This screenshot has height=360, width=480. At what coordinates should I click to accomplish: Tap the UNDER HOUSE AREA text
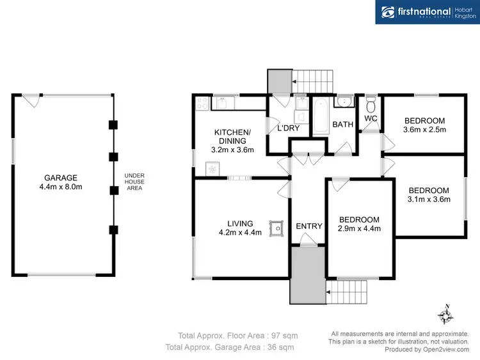click(x=133, y=182)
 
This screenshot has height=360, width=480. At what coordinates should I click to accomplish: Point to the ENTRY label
click(x=308, y=226)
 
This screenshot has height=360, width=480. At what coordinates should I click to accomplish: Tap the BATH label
click(x=342, y=125)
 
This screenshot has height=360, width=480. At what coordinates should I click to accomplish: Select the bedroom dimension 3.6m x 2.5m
click(x=424, y=130)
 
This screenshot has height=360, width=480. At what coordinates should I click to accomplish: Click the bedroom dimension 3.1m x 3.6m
click(x=429, y=199)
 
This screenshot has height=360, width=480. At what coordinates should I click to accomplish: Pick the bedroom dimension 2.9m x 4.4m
click(x=359, y=228)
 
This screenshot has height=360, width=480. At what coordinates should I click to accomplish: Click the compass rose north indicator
click(x=446, y=315)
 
